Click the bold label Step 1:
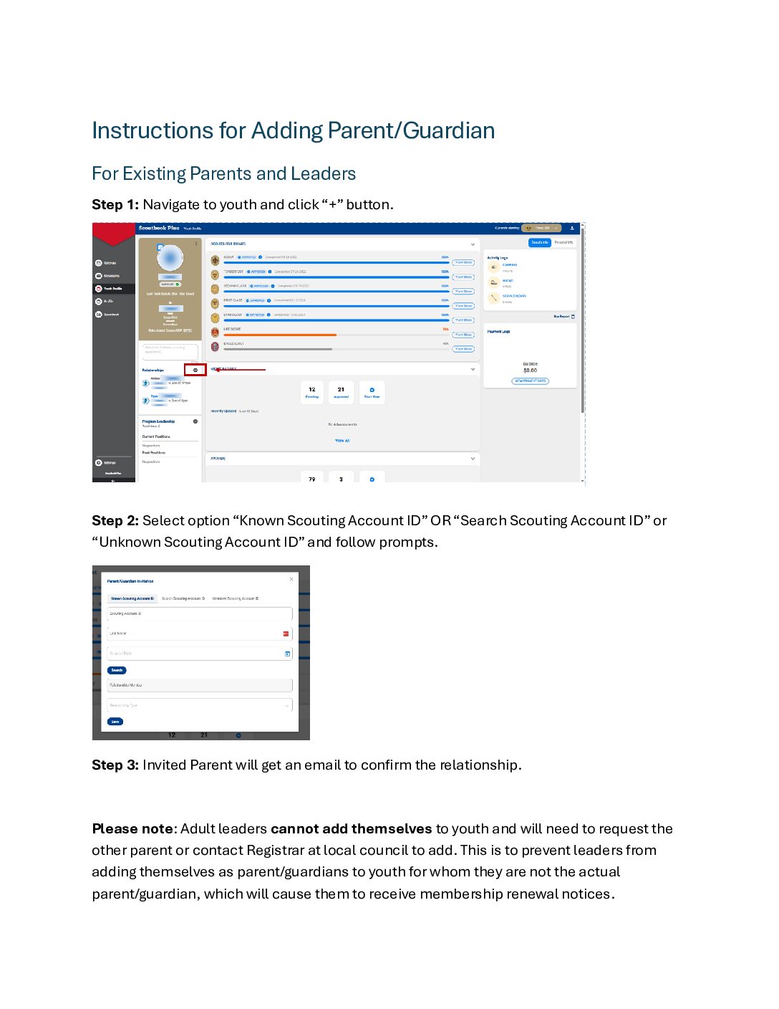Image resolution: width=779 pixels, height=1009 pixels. (x=115, y=205)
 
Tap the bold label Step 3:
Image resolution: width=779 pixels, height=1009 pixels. (x=115, y=765)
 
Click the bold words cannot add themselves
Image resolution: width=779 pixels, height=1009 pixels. (x=351, y=829)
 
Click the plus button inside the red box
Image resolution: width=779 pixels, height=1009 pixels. (x=195, y=370)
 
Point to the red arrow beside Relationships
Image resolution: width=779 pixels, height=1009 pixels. (x=240, y=370)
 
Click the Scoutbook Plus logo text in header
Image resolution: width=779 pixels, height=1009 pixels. (x=159, y=228)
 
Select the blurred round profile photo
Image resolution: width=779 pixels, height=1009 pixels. (x=170, y=257)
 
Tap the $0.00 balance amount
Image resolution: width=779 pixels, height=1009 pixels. (x=530, y=370)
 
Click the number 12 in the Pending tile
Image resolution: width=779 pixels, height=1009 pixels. (x=312, y=390)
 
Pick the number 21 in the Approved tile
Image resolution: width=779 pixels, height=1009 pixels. (x=342, y=390)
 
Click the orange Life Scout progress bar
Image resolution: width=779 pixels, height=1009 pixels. (x=279, y=335)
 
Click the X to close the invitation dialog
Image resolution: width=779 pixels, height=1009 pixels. (x=291, y=579)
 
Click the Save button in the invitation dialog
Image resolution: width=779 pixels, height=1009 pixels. (x=115, y=722)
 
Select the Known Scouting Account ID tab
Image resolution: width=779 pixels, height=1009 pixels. (x=132, y=598)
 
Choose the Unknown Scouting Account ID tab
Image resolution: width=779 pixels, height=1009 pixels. (x=236, y=598)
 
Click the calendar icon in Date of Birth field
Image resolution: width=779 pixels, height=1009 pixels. (x=288, y=654)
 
